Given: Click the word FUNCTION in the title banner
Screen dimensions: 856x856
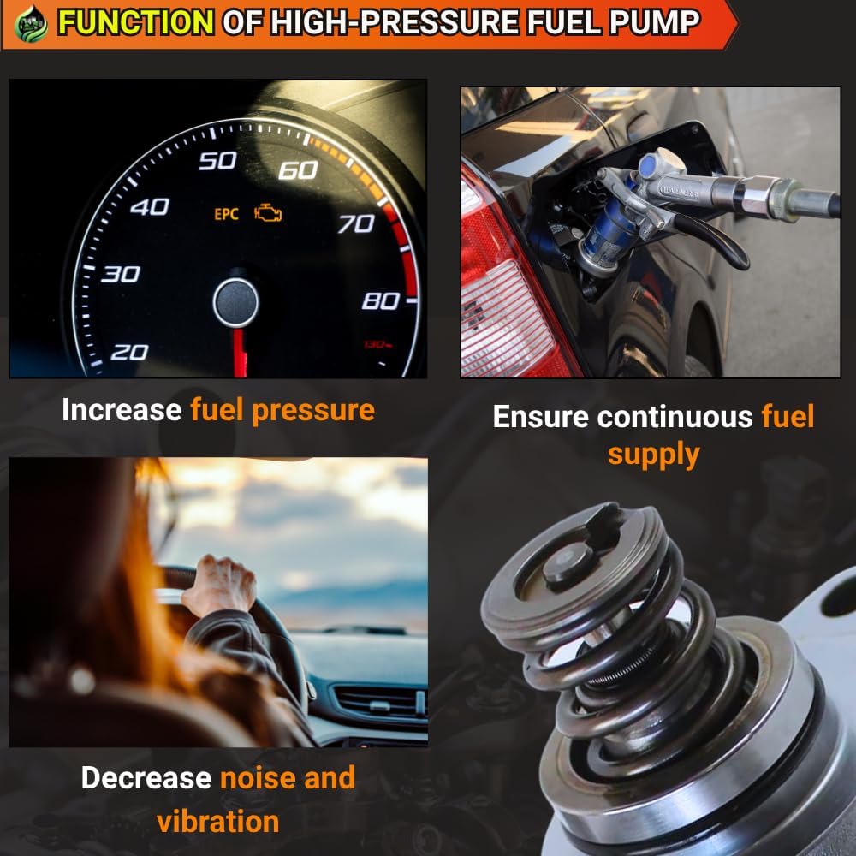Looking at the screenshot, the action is pyautogui.click(x=135, y=22).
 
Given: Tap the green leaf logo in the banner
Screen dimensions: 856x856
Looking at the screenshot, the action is pyautogui.click(x=31, y=23).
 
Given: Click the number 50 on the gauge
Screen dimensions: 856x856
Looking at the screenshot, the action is pyautogui.click(x=217, y=161).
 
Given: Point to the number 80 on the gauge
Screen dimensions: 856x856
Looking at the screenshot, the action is pyautogui.click(x=381, y=300).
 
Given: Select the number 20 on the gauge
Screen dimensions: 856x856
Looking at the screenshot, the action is pyautogui.click(x=129, y=353).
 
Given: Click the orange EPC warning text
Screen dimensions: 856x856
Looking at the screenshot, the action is pyautogui.click(x=226, y=214).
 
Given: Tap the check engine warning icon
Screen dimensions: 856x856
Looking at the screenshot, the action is pyautogui.click(x=268, y=213).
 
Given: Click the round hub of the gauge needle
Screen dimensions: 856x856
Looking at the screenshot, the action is pyautogui.click(x=236, y=302).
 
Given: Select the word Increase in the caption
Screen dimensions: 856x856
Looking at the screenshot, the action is pyautogui.click(x=122, y=409).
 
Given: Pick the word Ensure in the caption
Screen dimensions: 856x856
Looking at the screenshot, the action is pyautogui.click(x=540, y=417).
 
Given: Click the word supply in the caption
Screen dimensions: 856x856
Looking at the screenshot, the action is pyautogui.click(x=653, y=455).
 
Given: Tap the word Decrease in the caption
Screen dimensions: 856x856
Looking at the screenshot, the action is pyautogui.click(x=146, y=777).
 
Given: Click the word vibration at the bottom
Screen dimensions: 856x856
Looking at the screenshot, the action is pyautogui.click(x=217, y=821).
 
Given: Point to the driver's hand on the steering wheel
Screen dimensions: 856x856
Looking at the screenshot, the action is pyautogui.click(x=219, y=585).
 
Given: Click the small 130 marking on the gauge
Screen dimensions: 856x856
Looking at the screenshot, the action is pyautogui.click(x=377, y=344).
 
